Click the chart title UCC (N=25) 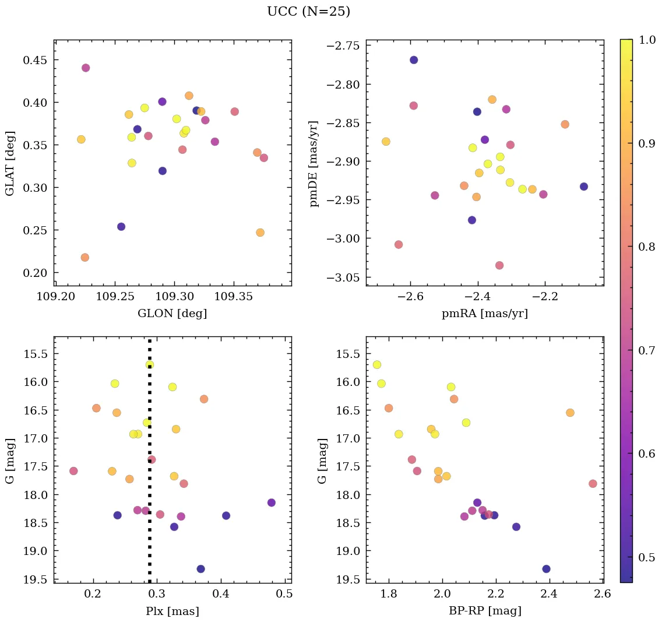[308, 12]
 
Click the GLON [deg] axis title [172, 314]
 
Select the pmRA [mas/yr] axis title [485, 314]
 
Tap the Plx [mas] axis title [172, 611]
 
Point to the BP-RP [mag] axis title [485, 611]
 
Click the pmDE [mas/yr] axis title [315, 163]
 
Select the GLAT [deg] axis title [10, 163]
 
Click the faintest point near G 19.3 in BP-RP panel [546, 569]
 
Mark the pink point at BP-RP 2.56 [593, 483]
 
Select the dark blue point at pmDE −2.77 [414, 60]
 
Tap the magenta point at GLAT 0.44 [86, 68]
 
